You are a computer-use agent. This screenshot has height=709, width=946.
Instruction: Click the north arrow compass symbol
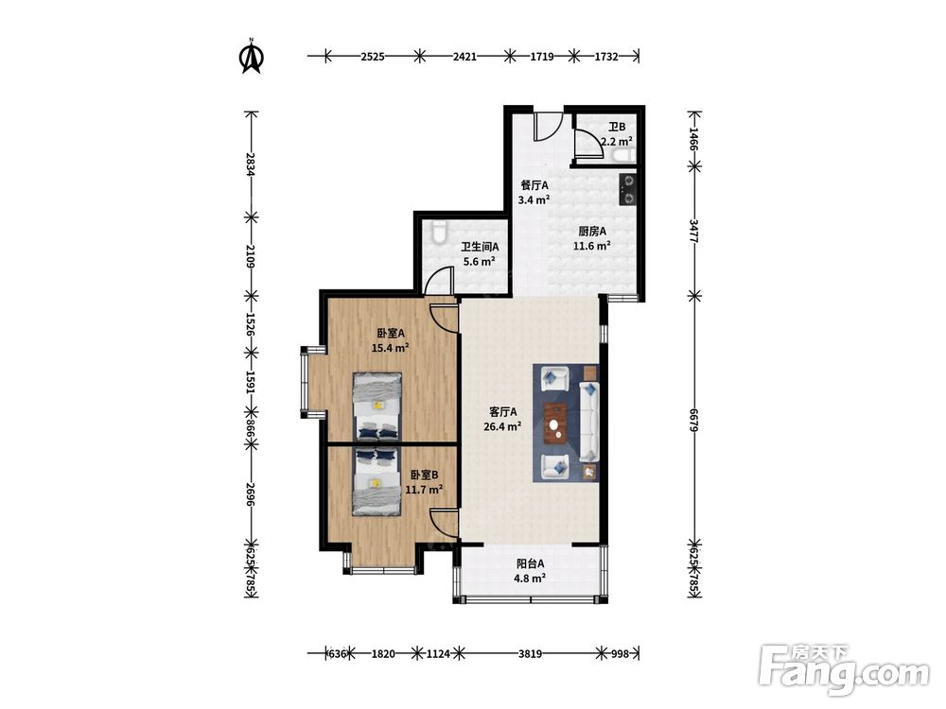[x=252, y=56]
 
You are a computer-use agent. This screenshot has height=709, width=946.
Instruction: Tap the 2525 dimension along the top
[x=373, y=57]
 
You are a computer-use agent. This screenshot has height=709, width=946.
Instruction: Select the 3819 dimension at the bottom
[x=530, y=653]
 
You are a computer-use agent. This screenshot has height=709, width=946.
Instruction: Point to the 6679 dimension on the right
[x=693, y=420]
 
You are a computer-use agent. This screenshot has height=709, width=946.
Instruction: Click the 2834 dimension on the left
[x=251, y=164]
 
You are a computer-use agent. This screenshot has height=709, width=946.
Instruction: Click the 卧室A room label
[x=391, y=333]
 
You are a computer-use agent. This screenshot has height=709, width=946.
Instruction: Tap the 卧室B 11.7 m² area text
[x=424, y=490]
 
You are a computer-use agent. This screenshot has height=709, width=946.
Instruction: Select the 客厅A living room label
[x=502, y=412]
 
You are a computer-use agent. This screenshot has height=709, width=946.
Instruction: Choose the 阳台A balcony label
[x=531, y=563]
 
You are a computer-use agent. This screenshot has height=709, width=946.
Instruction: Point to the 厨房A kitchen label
[x=592, y=231]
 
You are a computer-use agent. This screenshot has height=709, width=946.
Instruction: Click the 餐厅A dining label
[x=534, y=185]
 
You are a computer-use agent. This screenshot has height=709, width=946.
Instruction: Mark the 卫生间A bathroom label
[x=480, y=247]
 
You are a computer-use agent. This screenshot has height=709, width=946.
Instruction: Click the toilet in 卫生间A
[x=439, y=232]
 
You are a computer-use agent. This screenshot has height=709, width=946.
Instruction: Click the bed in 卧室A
[x=377, y=406]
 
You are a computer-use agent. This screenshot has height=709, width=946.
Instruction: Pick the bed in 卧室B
[x=377, y=481]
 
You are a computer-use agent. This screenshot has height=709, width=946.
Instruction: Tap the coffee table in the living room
[x=556, y=423]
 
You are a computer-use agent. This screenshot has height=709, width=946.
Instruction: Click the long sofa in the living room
[x=588, y=421]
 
